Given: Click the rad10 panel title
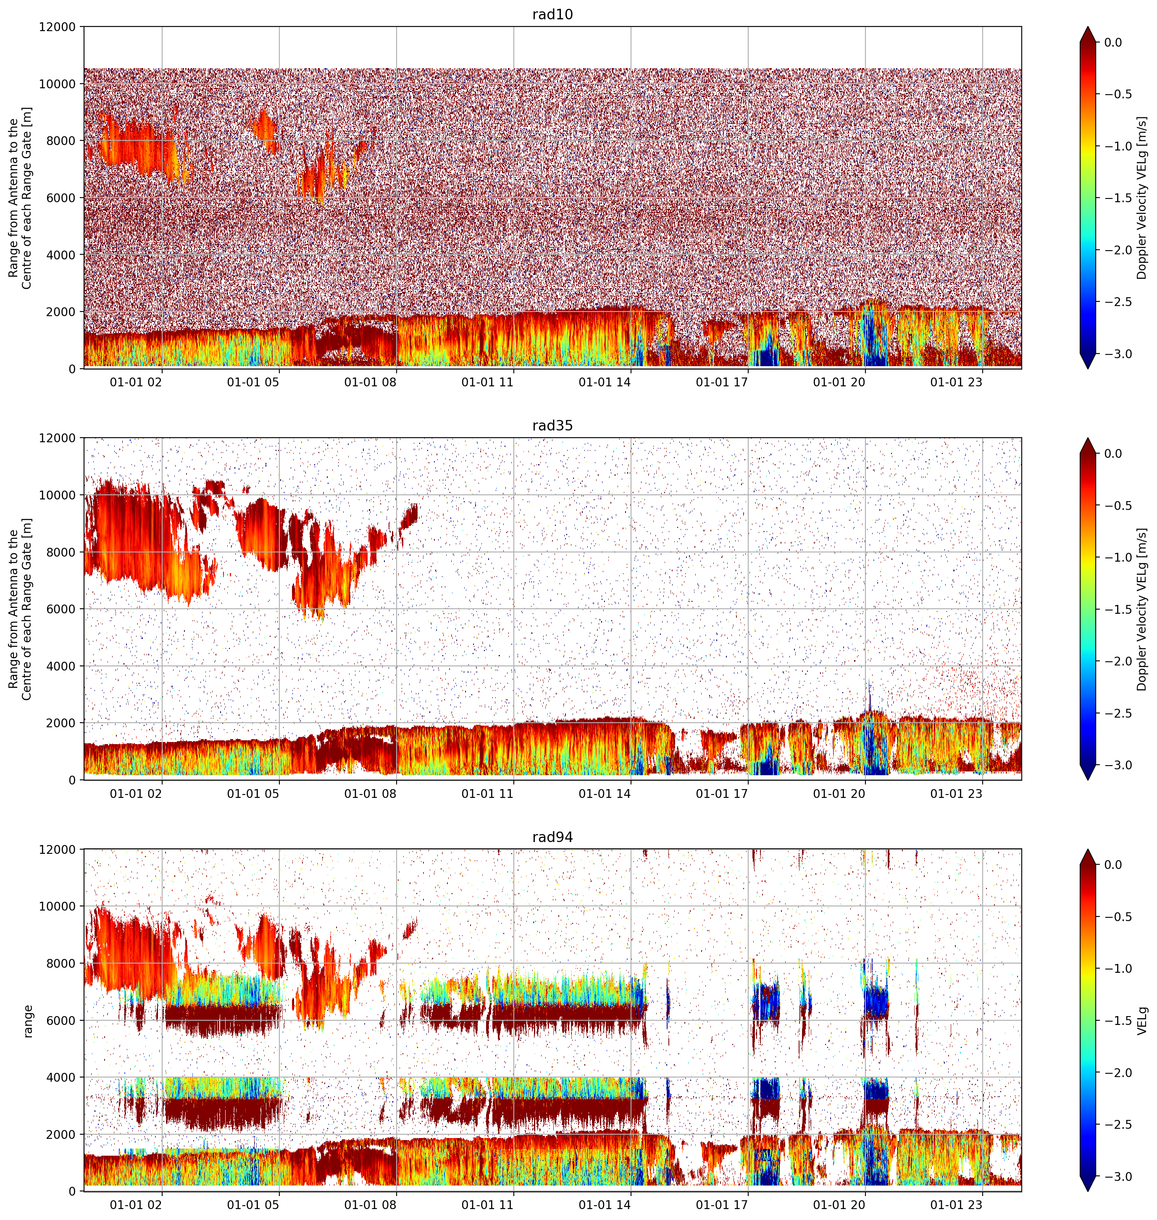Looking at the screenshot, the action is click(552, 14).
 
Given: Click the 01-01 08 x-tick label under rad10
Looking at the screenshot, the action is click(370, 382).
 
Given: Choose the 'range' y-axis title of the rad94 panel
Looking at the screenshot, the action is click(28, 1021).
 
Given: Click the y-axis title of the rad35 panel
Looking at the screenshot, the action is click(20, 609).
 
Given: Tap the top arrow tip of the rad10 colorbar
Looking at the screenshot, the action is click(1088, 26).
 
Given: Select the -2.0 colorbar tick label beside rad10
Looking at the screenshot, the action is click(1118, 250).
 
